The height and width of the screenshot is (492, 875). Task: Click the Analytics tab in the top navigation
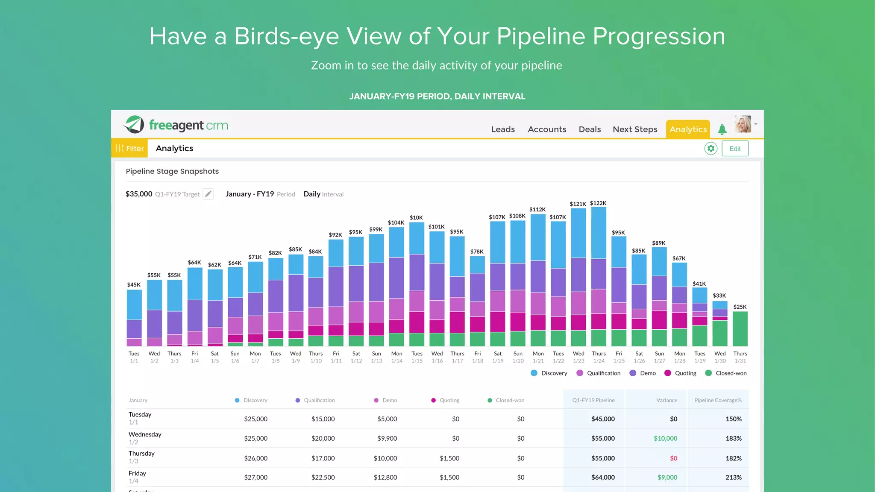[x=688, y=129]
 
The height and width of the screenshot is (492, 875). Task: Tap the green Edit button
[x=735, y=149]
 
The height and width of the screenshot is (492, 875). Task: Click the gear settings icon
[x=711, y=149]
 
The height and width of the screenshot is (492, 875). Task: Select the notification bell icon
[x=722, y=129]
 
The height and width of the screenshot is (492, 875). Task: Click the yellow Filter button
[x=129, y=149]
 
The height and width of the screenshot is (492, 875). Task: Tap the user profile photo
[x=743, y=124]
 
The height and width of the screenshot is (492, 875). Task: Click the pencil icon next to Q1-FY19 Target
[x=208, y=194]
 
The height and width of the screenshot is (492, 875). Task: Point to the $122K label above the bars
[x=598, y=203]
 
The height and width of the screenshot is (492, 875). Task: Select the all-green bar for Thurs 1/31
[x=740, y=329]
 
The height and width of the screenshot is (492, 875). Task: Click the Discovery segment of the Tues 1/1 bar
[x=134, y=305]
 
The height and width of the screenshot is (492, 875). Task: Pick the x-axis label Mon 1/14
[x=396, y=357]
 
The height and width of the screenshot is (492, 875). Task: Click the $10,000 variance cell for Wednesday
[x=665, y=439]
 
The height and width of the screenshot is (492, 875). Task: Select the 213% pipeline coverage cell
[x=733, y=477]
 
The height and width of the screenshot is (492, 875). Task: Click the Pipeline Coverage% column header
[x=718, y=401]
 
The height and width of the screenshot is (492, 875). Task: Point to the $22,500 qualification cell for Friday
[x=323, y=477]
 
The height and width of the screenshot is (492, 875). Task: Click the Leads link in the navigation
[x=503, y=129]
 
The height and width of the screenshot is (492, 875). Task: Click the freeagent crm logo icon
[x=134, y=125]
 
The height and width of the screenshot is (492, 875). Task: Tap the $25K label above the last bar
[x=740, y=307]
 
